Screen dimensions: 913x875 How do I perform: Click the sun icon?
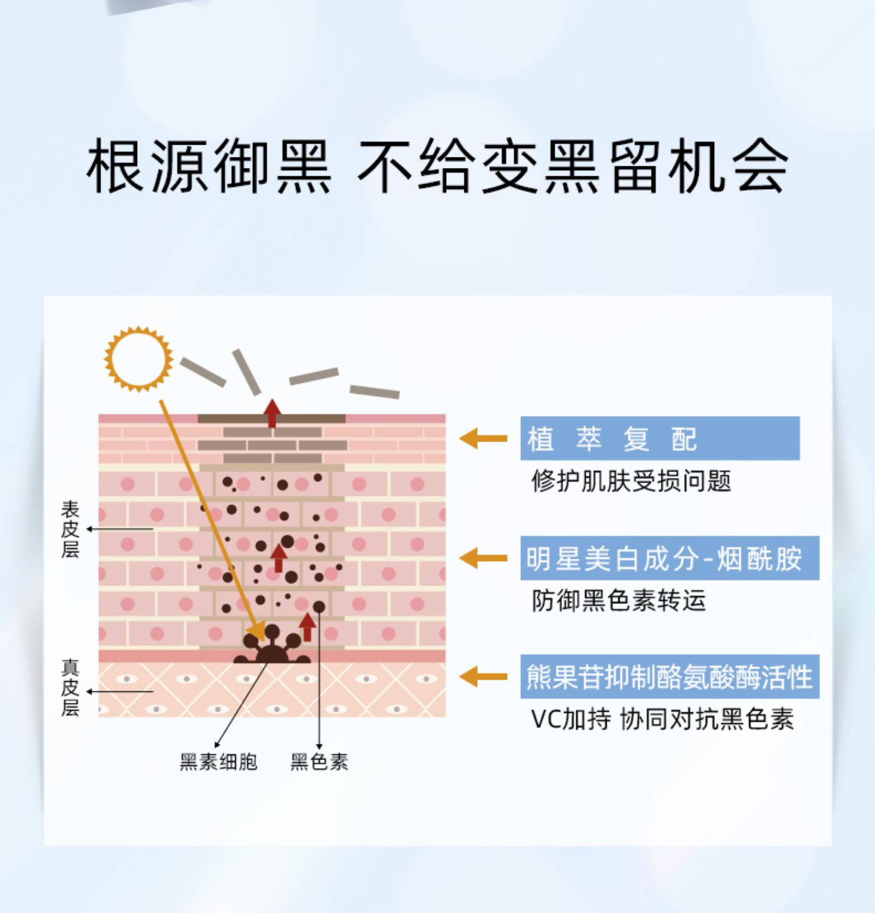tap(139, 359)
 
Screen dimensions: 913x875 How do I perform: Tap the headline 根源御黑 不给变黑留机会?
tap(437, 166)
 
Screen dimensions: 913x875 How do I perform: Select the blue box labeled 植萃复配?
tap(659, 439)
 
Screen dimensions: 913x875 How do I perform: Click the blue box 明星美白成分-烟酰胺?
tap(669, 558)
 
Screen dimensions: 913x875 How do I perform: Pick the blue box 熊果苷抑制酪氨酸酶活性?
tap(669, 677)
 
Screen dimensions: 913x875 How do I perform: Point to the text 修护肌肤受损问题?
tap(631, 481)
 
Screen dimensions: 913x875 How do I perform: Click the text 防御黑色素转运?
tap(618, 600)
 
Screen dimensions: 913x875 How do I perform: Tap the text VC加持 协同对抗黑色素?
tap(662, 719)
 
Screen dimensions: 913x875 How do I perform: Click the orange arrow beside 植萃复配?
tap(483, 438)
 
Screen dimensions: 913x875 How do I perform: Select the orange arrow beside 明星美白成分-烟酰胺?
tap(483, 558)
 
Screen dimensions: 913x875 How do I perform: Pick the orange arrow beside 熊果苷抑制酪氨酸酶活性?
tap(483, 677)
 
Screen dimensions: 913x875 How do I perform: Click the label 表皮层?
tap(69, 529)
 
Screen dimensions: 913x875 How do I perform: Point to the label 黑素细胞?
tap(218, 762)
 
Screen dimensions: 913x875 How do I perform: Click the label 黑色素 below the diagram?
tap(319, 762)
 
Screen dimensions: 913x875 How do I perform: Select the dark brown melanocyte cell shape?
tap(272, 648)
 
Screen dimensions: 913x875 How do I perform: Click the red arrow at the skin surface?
tap(271, 412)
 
